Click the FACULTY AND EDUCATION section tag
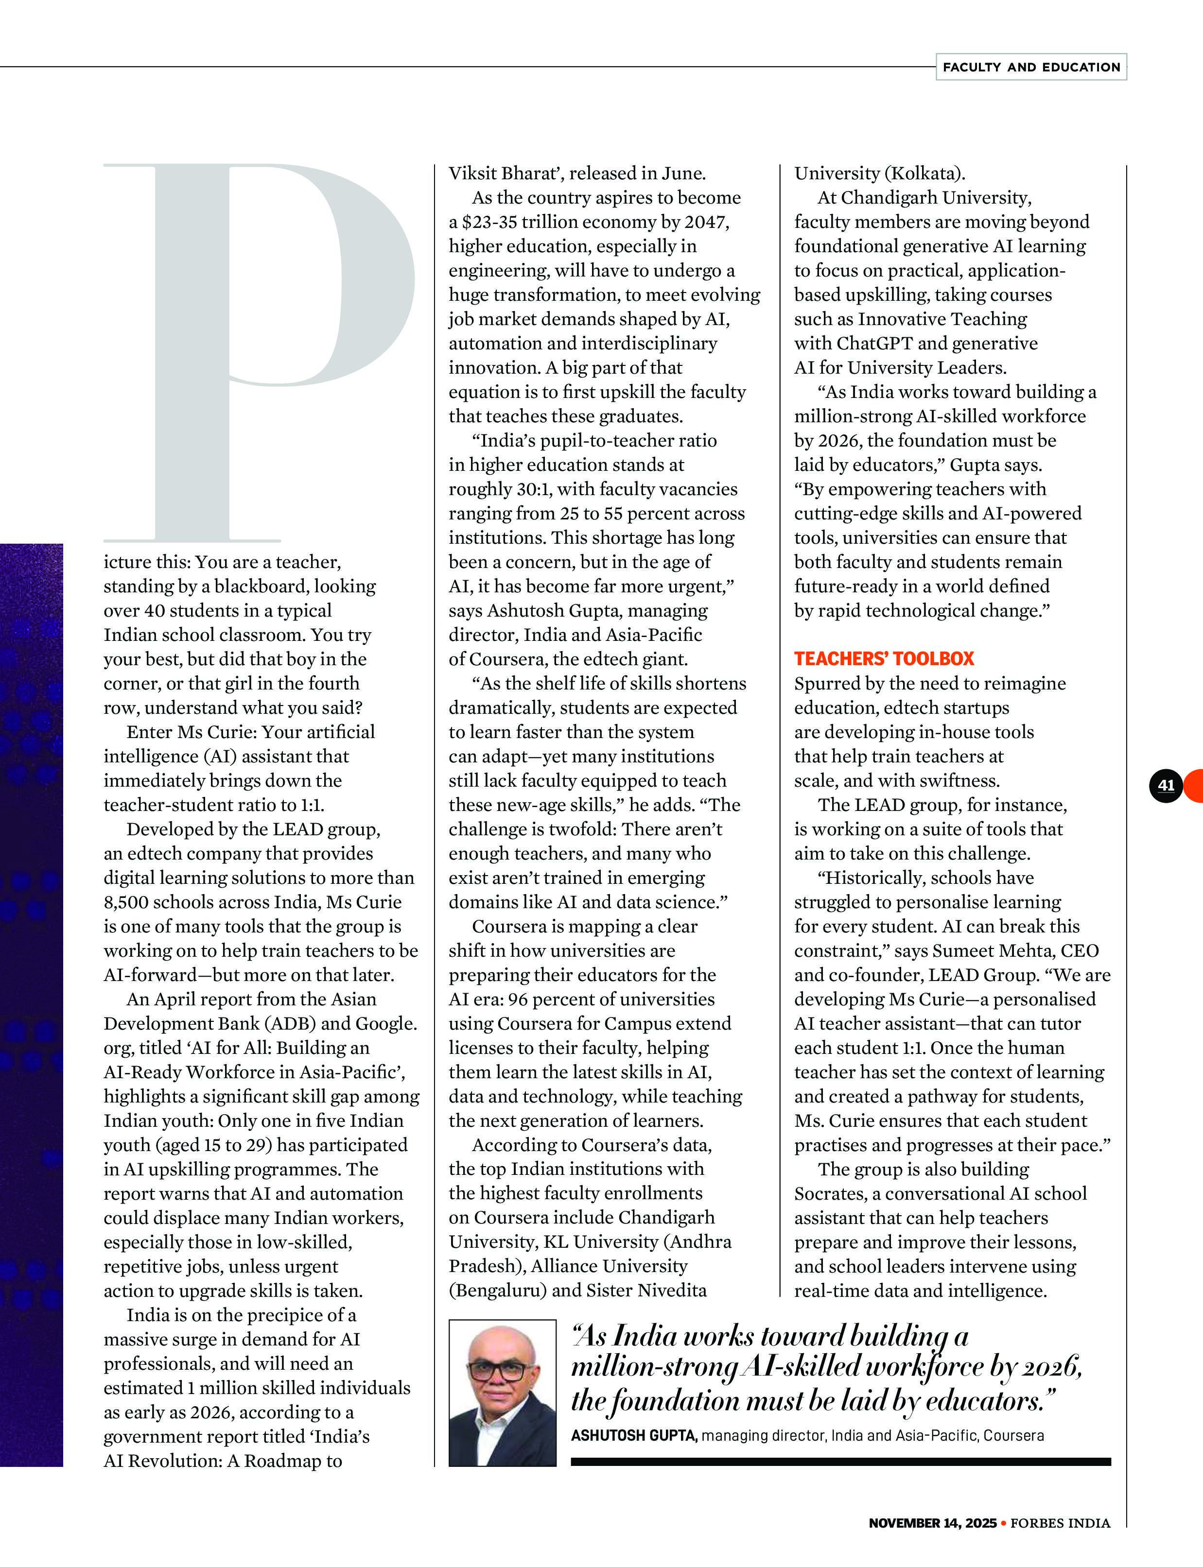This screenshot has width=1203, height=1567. coord(1030,67)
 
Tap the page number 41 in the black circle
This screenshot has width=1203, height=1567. coord(1166,785)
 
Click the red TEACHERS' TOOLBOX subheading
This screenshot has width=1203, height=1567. coord(884,658)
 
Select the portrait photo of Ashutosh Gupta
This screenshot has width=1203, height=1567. coord(502,1393)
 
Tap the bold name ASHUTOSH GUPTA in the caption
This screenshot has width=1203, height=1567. coord(634,1435)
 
